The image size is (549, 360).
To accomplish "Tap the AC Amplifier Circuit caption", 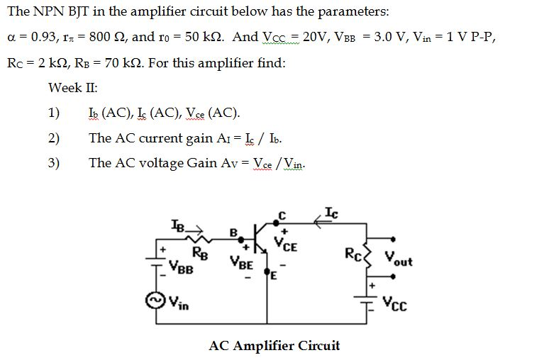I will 274,345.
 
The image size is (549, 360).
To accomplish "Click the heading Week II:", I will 72,88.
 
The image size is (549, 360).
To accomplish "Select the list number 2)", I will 54,138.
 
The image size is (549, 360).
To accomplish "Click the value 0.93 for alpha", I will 43,37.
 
